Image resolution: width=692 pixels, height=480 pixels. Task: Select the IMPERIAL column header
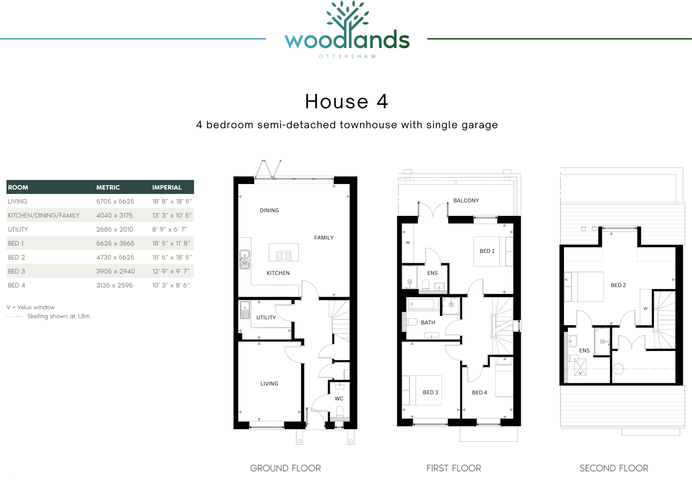(x=167, y=187)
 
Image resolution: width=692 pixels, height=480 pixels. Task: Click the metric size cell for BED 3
(x=115, y=271)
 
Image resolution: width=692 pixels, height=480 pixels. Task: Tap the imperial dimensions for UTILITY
(x=169, y=230)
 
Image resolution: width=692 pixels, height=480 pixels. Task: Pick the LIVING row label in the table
(x=18, y=202)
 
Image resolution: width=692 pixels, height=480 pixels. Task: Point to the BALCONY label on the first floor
(x=466, y=201)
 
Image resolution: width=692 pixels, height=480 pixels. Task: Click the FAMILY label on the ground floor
(x=324, y=238)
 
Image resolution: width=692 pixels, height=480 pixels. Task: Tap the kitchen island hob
(x=284, y=256)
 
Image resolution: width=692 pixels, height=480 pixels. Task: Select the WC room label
(x=339, y=399)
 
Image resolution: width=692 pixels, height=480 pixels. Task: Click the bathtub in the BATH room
(x=422, y=304)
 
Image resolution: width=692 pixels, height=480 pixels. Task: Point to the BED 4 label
(x=479, y=393)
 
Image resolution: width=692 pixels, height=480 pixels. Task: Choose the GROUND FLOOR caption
(x=285, y=468)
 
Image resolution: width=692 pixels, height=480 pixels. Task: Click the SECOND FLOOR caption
(x=614, y=468)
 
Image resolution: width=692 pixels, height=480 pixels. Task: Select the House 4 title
(x=347, y=101)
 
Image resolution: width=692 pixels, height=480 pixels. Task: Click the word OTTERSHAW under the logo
(x=347, y=56)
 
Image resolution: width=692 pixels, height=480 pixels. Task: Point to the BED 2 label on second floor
(x=618, y=285)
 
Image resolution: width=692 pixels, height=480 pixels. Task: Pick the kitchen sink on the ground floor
(x=244, y=259)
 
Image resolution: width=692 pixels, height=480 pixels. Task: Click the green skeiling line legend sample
(x=14, y=316)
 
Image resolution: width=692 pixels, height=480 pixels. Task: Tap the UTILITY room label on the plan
(x=266, y=318)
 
